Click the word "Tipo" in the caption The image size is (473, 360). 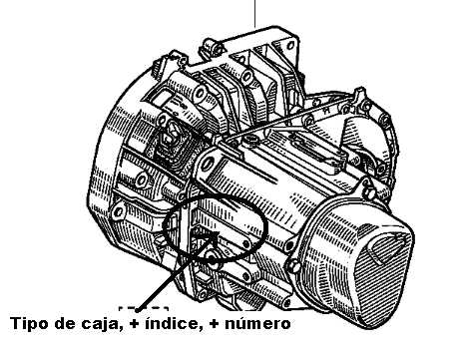pyautogui.click(x=28, y=323)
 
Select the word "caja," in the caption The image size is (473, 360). pyautogui.click(x=100, y=324)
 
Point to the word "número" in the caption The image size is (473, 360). pyautogui.click(x=257, y=323)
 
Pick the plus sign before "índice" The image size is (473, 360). pyautogui.click(x=134, y=324)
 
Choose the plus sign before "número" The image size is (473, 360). pyautogui.click(x=215, y=324)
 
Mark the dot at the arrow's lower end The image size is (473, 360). pyautogui.click(x=137, y=310)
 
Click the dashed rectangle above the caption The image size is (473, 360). pyautogui.click(x=144, y=309)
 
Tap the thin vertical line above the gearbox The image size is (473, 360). pyautogui.click(x=254, y=13)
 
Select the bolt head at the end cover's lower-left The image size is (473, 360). pyautogui.click(x=294, y=266)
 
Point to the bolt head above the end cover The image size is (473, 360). pyautogui.click(x=369, y=192)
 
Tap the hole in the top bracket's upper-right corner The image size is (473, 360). pyautogui.click(x=291, y=45)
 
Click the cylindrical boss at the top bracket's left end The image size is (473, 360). pyautogui.click(x=210, y=48)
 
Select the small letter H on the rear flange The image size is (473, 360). pyautogui.click(x=328, y=108)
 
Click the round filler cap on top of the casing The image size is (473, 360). pyautogui.click(x=251, y=141)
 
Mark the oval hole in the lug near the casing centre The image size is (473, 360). pyautogui.click(x=208, y=164)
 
